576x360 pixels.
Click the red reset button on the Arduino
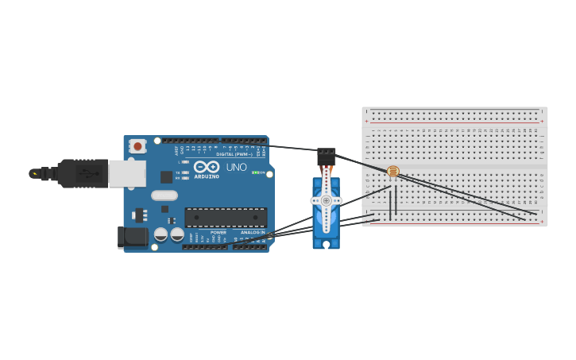tap(138, 145)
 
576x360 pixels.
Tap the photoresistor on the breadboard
tap(392, 171)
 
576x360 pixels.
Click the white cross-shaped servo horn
tap(326, 201)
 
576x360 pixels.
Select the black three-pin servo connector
tap(326, 156)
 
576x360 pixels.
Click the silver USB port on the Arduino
tap(127, 174)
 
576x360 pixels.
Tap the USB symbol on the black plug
tap(82, 173)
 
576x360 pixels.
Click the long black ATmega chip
tap(226, 217)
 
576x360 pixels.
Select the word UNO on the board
tap(236, 168)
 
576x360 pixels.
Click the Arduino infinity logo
tap(206, 167)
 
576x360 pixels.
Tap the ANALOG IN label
tap(253, 232)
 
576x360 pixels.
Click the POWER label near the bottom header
tap(218, 232)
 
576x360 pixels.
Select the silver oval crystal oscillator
tap(164, 195)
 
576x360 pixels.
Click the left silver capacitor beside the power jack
tap(160, 234)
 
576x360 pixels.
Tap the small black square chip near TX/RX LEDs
tap(166, 177)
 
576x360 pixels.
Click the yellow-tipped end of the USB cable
tap(34, 173)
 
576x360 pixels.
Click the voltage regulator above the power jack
tap(141, 215)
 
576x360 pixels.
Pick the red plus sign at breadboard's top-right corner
tap(542, 121)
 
